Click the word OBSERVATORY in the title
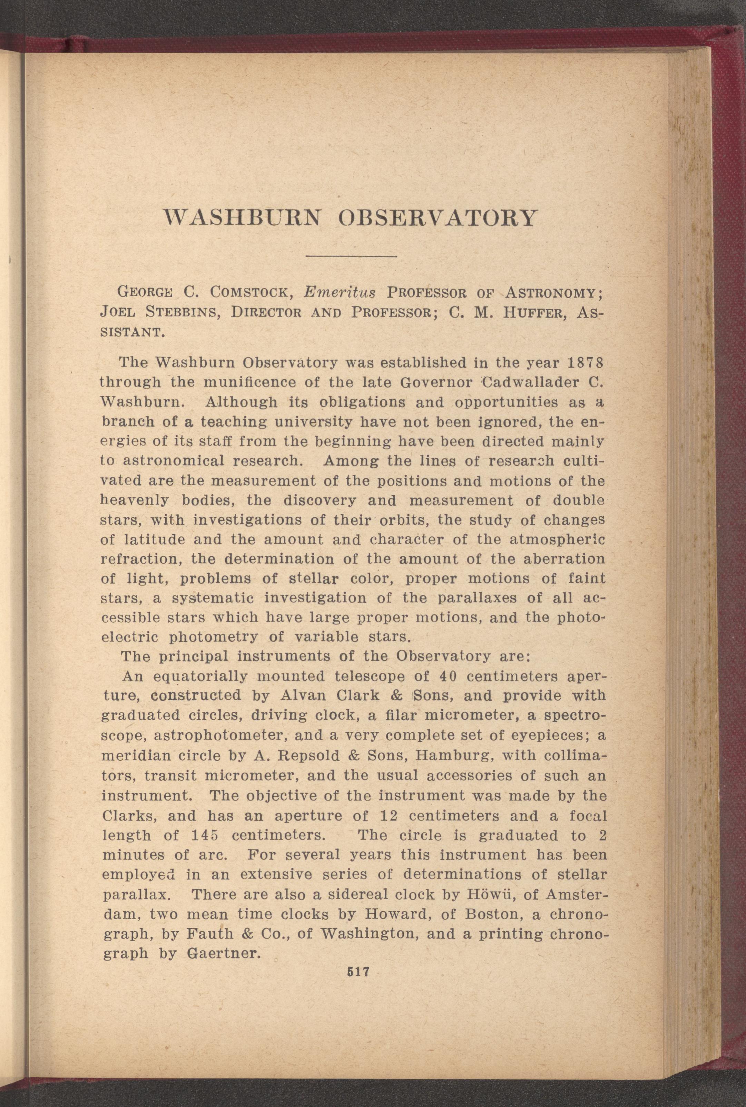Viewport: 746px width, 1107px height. pos(437,217)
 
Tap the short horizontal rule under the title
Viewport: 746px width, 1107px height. pos(352,257)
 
